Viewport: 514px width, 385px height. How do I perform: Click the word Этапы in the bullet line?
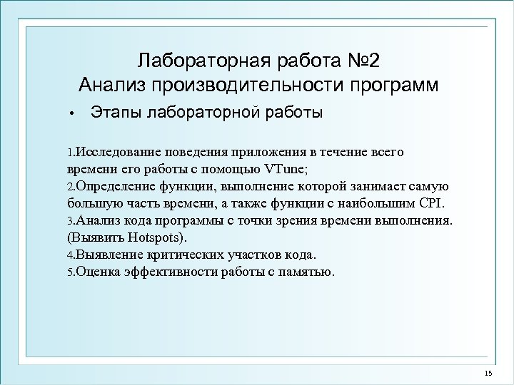(x=114, y=112)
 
